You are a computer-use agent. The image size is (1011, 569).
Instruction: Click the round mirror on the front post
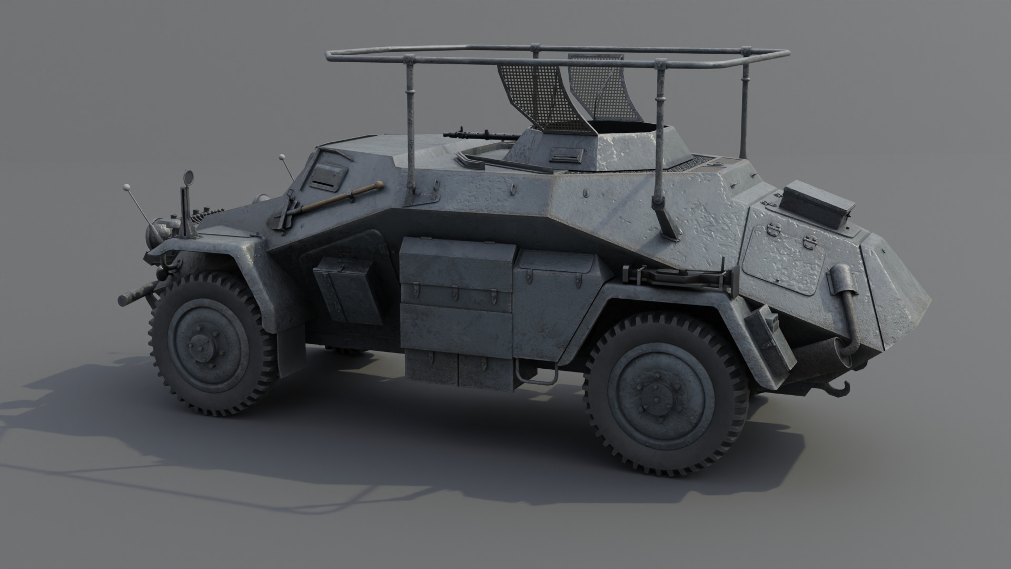pyautogui.click(x=187, y=178)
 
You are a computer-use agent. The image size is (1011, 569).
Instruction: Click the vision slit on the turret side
pyautogui.click(x=566, y=155)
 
